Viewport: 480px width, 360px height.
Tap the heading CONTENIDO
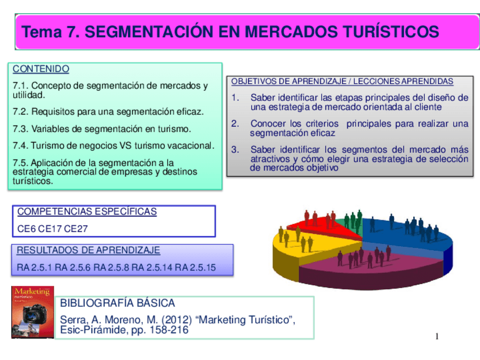(41, 69)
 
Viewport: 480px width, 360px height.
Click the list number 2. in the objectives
(235, 123)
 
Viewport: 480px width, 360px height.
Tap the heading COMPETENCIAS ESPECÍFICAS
(87, 212)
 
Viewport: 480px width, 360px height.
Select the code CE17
(51, 229)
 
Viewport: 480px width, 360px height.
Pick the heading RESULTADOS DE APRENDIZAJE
(88, 250)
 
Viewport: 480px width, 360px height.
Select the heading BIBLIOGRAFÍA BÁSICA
(118, 303)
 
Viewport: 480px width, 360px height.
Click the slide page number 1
(436, 337)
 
